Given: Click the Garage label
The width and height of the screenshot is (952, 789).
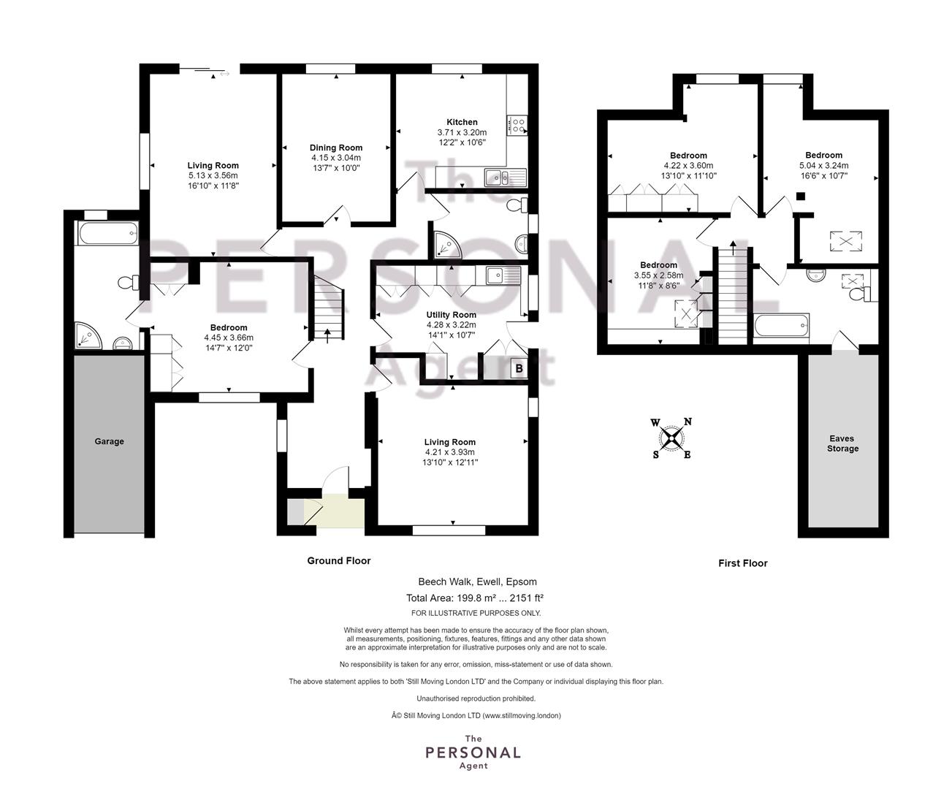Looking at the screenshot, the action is [109, 441].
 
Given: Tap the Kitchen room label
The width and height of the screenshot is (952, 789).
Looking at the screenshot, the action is [462, 122].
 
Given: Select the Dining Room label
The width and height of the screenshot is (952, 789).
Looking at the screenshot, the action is [336, 148].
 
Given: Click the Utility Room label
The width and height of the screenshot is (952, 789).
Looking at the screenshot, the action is [451, 315].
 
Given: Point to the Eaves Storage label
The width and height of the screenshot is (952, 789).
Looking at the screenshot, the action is [842, 443].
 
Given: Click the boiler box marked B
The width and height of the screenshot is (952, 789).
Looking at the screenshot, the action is [519, 368].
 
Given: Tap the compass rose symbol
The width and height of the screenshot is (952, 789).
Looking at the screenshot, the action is [671, 438].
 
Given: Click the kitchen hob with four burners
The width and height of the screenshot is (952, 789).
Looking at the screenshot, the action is [517, 126].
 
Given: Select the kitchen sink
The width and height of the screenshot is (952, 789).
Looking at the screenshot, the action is [505, 177].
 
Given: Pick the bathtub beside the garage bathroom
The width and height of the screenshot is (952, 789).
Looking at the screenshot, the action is [108, 233].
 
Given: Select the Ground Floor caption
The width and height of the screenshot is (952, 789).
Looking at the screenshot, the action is [339, 560].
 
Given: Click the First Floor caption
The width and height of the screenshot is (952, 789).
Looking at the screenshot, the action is [743, 563].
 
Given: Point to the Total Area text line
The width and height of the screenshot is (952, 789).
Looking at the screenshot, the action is [475, 598].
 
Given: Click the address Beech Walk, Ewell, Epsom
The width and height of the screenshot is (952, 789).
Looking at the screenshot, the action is [477, 582].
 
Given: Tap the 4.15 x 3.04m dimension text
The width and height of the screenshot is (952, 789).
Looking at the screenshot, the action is [336, 158].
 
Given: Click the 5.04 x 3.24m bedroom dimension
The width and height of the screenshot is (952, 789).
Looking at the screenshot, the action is [823, 165].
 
